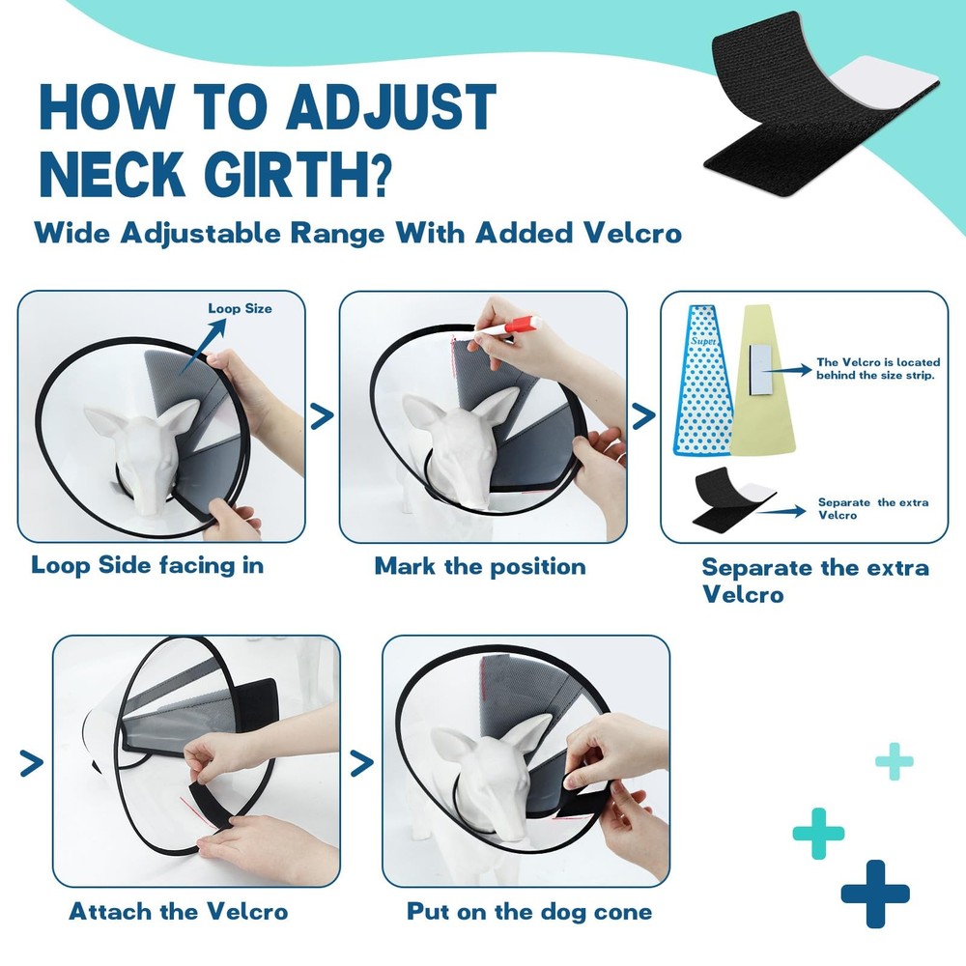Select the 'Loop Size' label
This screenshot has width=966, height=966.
coord(240,308)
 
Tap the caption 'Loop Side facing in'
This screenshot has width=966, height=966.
coord(148,565)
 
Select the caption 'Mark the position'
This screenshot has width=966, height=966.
coord(480,566)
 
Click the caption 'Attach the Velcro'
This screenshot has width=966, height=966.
coord(178,911)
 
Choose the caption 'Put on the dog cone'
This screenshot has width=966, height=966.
coord(528,911)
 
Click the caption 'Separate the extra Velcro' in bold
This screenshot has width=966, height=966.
coord(814,580)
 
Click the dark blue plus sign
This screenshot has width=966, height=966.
coord(875,894)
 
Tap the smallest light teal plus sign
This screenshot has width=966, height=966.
coord(895,761)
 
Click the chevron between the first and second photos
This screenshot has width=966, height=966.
coord(322,416)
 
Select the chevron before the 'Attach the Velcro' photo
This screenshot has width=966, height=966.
coord(32,764)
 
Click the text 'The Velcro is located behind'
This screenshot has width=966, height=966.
coord(877,368)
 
